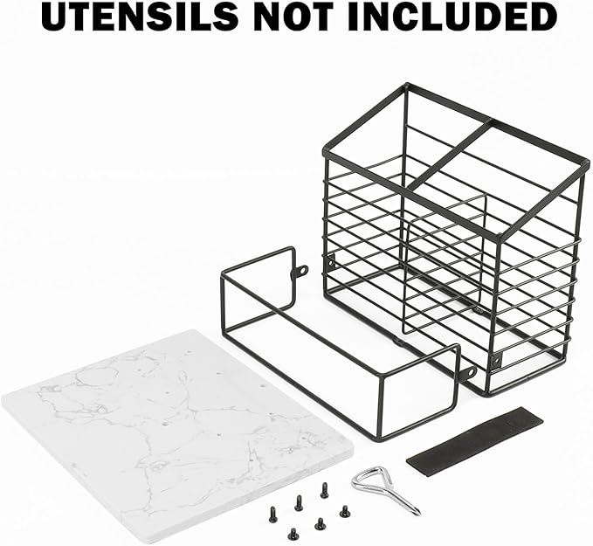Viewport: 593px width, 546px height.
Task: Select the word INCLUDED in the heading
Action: point(452,17)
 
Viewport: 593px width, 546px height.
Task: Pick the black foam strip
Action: point(474,437)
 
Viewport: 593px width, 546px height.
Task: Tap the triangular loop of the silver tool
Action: point(369,480)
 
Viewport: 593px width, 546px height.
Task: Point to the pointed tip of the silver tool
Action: point(419,514)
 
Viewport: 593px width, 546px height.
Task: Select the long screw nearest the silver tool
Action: point(324,490)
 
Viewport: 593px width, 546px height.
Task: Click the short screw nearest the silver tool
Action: point(344,512)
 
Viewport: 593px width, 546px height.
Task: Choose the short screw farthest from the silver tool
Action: point(293,534)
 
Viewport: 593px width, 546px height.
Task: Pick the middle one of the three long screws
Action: point(299,503)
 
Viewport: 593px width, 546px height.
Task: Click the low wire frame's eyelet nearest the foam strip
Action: point(471,372)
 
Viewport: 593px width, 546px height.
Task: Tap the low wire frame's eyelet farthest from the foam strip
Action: point(302,271)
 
